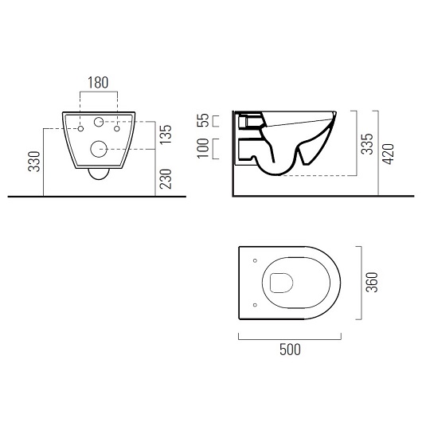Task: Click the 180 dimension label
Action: pos(98,83)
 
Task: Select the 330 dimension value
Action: pos(34,162)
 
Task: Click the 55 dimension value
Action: pos(203,120)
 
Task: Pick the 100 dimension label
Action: pos(203,148)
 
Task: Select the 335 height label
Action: pos(367,143)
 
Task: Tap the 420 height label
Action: pos(389,154)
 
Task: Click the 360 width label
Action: pos(373,283)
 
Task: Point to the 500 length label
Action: pos(290,350)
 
